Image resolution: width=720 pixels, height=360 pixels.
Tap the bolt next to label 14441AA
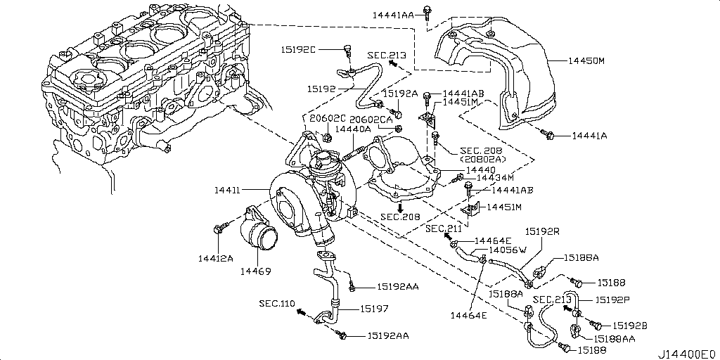pos(427,11)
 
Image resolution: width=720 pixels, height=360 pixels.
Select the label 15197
pos(375,308)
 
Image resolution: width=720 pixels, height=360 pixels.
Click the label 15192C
pos(299,50)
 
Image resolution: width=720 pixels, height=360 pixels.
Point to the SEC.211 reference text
pos(444,229)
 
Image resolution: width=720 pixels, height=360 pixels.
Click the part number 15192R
pos(542,231)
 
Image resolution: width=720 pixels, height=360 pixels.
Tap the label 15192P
pos(612,299)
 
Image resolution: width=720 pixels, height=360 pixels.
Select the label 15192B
pos(629,325)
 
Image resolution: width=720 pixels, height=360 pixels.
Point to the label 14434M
pos(496,178)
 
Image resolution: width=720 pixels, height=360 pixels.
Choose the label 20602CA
pos(371,120)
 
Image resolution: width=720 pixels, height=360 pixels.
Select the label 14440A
pos(353,129)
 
